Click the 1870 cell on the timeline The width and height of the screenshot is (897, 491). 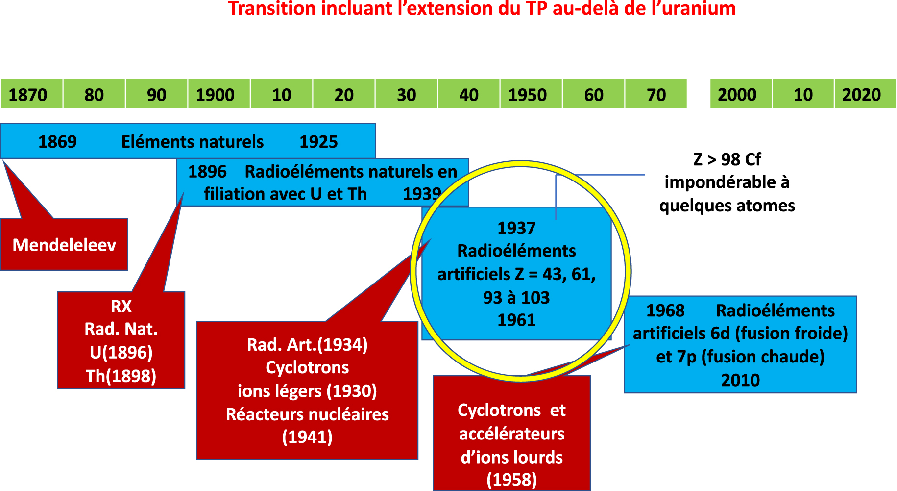pos(31,94)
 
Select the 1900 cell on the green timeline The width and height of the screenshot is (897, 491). pos(219,94)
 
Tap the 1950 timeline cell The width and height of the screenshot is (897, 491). pos(531,94)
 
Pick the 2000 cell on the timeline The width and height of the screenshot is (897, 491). pos(741,94)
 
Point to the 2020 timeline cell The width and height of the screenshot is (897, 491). pos(865,94)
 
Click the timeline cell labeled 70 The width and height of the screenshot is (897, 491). pos(656,94)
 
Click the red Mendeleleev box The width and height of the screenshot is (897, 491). pos(64,244)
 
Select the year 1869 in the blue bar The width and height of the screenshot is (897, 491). pos(57,142)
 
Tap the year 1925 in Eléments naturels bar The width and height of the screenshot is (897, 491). pos(318,142)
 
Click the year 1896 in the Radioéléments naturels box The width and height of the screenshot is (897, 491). pos(207,172)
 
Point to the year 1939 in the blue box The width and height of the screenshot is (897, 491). pos(422,194)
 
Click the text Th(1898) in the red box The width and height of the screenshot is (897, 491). pos(121,376)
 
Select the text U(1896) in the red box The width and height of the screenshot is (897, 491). pos(121,352)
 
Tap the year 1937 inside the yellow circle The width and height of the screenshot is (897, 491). pos(516,228)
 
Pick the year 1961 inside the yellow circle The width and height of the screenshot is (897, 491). pos(516,320)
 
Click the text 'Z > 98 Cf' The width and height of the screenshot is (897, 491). pos(727,159)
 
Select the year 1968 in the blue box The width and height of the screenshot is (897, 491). pos(665,310)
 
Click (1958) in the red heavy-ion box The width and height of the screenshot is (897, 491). pos(512,479)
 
